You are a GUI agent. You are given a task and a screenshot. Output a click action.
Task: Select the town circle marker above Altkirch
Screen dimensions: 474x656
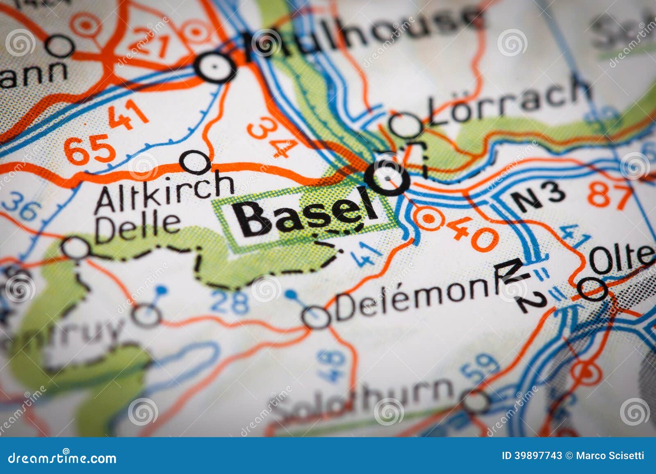point(196,162)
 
